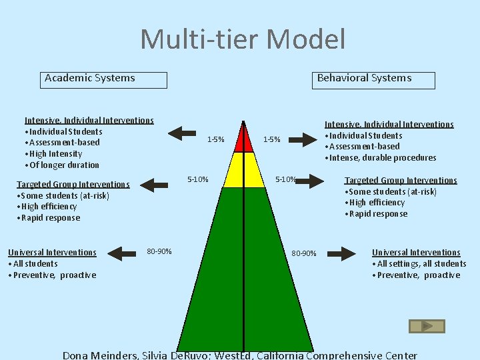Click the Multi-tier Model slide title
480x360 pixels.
(243, 39)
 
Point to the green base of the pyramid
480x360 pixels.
(243, 267)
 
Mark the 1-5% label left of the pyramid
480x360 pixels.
(215, 139)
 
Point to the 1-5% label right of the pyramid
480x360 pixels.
(272, 139)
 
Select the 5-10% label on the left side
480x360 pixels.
(198, 179)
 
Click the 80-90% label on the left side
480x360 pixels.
(159, 251)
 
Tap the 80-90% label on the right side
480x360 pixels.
(305, 253)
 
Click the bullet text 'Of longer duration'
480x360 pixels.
(63, 165)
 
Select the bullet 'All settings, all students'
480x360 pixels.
(421, 264)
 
